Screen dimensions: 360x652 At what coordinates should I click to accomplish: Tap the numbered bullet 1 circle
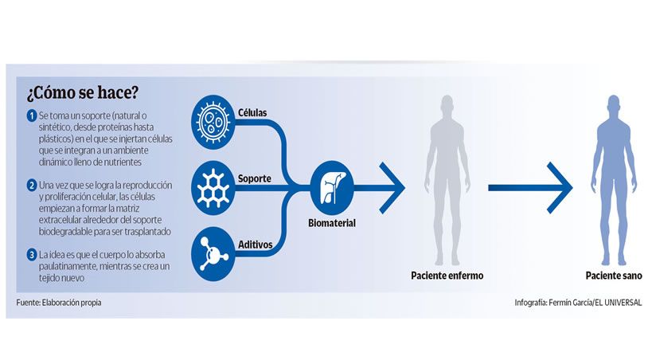31,116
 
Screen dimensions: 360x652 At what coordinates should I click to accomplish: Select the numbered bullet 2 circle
31,185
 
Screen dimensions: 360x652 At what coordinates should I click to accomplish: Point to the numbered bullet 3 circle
31,255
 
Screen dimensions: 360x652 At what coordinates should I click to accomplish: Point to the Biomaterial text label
331,223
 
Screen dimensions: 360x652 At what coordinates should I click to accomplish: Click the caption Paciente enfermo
447,276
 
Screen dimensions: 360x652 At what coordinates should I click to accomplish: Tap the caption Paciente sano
610,276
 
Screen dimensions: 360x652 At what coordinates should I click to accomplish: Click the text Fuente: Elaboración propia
60,303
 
